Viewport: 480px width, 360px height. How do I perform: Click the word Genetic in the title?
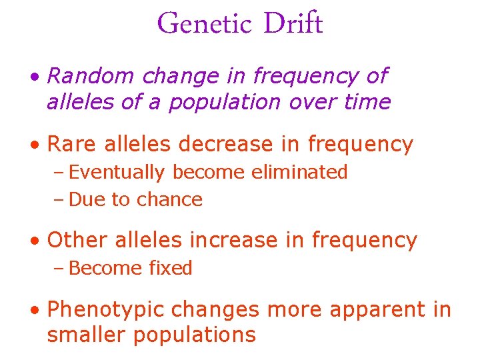pyautogui.click(x=205, y=25)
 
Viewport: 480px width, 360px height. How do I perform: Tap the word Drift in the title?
pyautogui.click(x=293, y=25)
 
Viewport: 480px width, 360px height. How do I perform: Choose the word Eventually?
pyautogui.click(x=117, y=173)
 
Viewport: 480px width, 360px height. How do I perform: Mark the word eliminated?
pyautogui.click(x=299, y=172)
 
